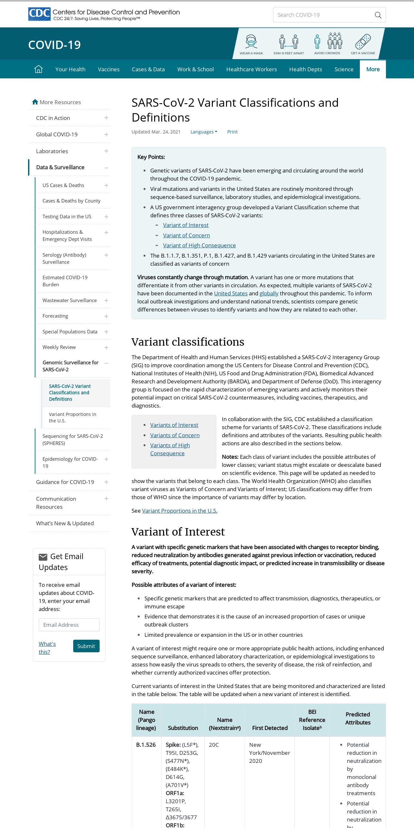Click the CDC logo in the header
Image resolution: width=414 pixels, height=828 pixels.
click(39, 14)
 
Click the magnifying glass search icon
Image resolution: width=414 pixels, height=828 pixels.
click(378, 15)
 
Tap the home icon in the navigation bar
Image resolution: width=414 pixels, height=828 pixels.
click(38, 69)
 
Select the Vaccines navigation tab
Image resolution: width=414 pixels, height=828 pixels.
click(109, 69)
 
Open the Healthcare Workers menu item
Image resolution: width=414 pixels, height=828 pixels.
click(251, 69)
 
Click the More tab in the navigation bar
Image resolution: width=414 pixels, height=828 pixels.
click(373, 69)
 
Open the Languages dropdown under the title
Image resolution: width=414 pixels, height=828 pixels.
click(203, 132)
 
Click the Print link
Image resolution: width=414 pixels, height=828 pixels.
click(232, 132)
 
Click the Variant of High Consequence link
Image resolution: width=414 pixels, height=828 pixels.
click(199, 245)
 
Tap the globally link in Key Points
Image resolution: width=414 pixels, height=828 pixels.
click(269, 293)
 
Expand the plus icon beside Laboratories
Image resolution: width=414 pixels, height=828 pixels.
click(106, 151)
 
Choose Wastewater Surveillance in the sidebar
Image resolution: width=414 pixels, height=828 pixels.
click(70, 301)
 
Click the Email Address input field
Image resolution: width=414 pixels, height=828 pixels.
click(69, 625)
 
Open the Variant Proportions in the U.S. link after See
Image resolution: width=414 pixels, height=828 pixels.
click(180, 511)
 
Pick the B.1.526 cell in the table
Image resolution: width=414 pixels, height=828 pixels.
click(146, 745)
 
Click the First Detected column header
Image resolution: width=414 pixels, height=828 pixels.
click(270, 728)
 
